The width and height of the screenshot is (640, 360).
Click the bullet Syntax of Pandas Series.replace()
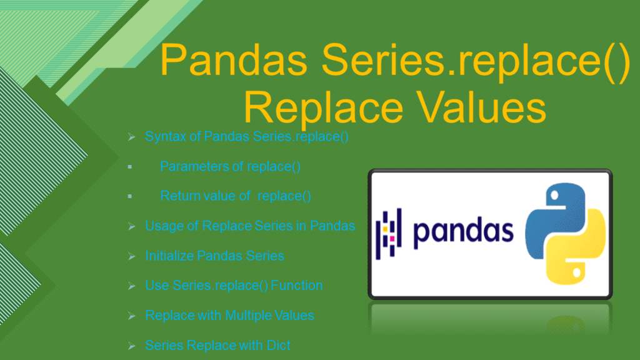point(247,136)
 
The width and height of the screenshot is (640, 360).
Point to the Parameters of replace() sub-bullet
point(230,166)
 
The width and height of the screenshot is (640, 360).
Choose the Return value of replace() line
point(236,196)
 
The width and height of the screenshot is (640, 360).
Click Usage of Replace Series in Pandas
point(250,226)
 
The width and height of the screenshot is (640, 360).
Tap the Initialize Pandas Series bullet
point(214,256)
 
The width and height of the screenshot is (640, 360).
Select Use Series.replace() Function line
point(234,286)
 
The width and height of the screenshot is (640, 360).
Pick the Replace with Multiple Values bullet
point(229,315)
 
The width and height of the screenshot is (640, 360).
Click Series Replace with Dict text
point(217,345)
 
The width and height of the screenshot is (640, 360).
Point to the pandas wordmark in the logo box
point(463,231)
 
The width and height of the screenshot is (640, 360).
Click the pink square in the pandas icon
point(392,238)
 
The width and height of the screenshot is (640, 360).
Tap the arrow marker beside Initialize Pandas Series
point(131,256)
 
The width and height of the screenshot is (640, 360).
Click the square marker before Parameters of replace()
point(130,167)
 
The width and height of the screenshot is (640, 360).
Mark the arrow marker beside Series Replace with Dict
point(131,346)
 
